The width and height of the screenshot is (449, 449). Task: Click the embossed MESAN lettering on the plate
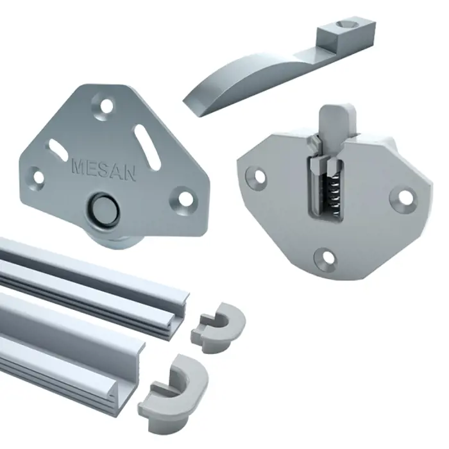[104, 170]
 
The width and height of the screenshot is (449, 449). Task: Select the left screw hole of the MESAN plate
[37, 178]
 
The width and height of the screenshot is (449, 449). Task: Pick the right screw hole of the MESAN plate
[185, 198]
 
